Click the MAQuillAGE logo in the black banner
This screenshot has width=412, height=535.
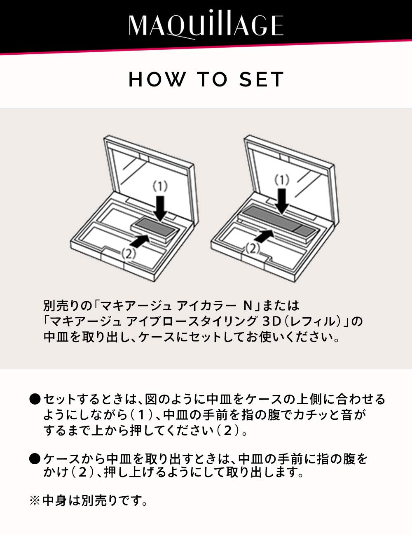(206, 26)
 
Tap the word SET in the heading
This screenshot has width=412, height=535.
(262, 79)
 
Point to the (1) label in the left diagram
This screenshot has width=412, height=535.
(160, 186)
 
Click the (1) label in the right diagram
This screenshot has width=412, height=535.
(282, 179)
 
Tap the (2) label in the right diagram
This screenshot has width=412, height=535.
(252, 248)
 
